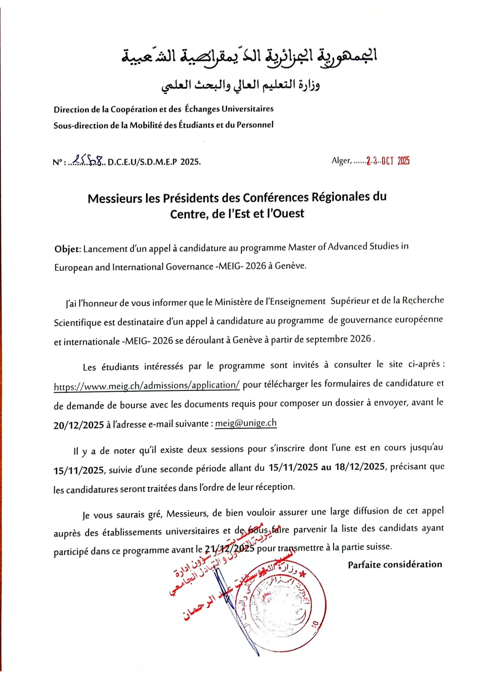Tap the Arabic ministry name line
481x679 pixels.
(x=241, y=85)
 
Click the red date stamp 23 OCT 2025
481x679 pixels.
(x=388, y=161)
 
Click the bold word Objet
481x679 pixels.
(x=67, y=249)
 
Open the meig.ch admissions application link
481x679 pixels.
(x=147, y=386)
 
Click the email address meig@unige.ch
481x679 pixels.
(x=246, y=423)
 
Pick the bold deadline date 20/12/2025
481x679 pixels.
(x=79, y=425)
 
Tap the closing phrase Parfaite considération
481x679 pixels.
(x=395, y=564)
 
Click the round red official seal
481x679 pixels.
(x=280, y=605)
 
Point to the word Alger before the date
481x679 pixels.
(x=341, y=161)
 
